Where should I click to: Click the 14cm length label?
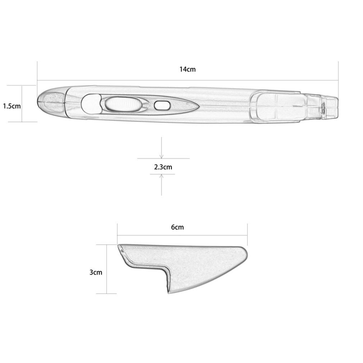click(188, 69)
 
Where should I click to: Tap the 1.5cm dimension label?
click(12, 106)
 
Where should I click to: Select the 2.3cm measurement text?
click(163, 167)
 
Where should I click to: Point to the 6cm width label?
click(177, 227)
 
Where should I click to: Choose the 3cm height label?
click(96, 272)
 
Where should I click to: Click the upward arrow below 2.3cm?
click(162, 177)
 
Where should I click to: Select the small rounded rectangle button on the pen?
click(162, 105)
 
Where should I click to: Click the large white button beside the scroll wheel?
click(90, 104)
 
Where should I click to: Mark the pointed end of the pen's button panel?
click(197, 105)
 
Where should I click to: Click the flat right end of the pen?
click(337, 106)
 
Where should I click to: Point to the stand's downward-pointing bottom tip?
click(168, 291)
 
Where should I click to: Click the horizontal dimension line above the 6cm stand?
click(182, 235)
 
